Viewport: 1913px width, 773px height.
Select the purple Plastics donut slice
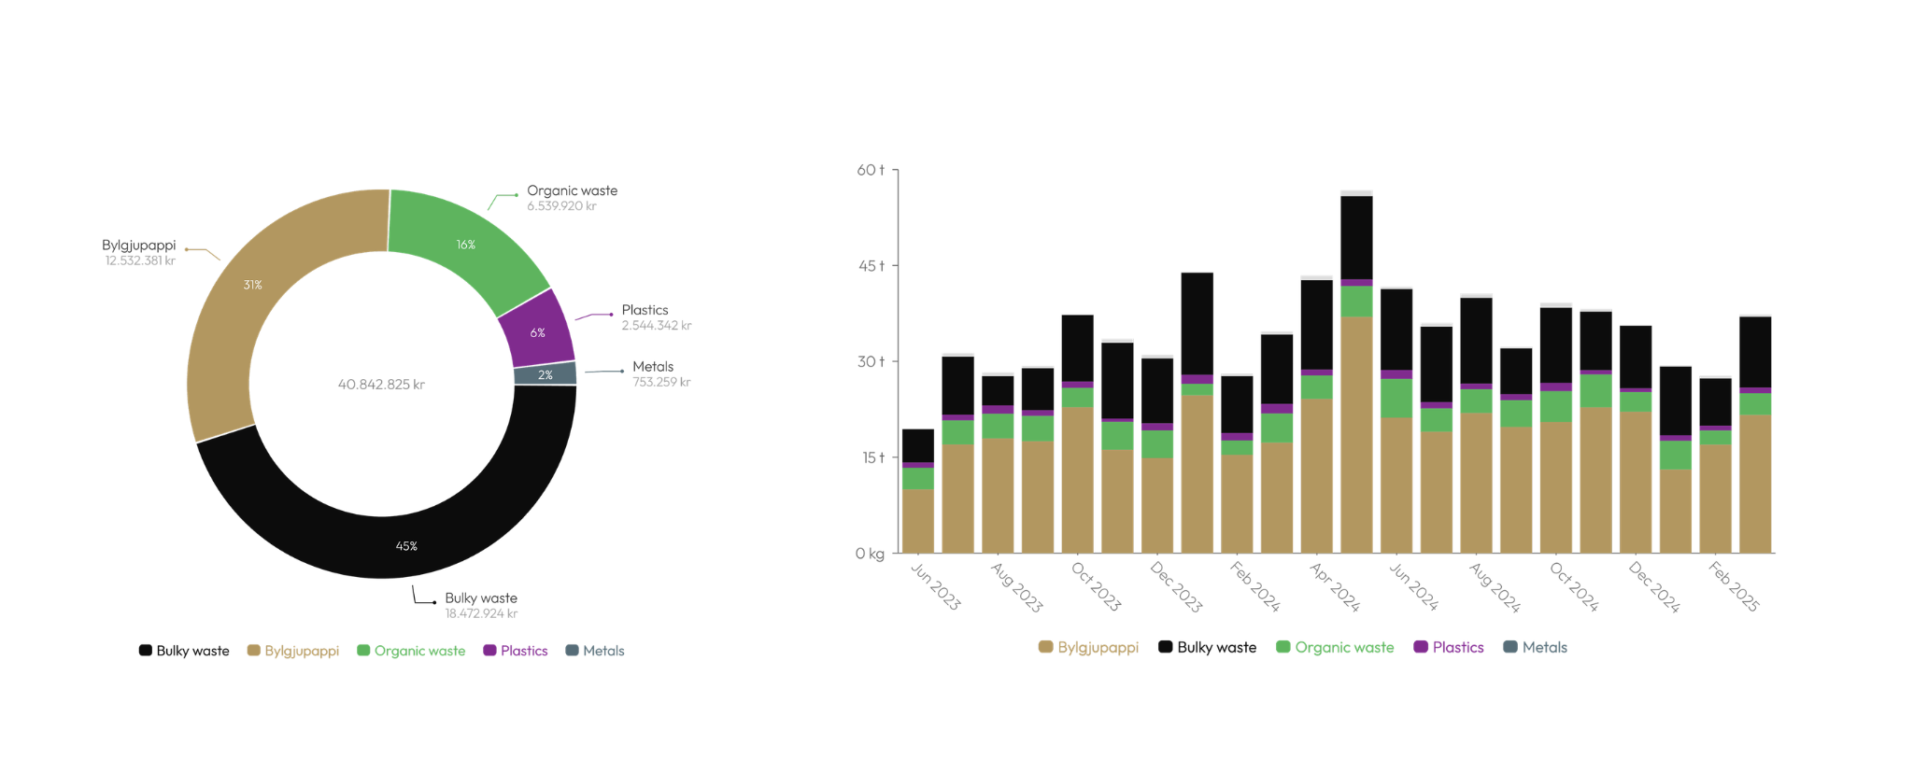click(x=537, y=331)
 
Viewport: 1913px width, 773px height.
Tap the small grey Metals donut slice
click(x=545, y=374)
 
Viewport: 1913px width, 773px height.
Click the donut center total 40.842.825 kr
click(x=381, y=385)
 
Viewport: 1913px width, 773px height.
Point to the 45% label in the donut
click(x=406, y=546)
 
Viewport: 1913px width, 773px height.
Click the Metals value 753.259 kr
click(x=661, y=382)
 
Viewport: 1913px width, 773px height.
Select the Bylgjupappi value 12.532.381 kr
click(x=140, y=261)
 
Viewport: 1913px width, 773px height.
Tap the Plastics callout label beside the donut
click(x=645, y=310)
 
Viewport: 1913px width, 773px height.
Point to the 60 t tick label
click(x=870, y=170)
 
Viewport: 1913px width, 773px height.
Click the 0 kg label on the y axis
click(x=870, y=554)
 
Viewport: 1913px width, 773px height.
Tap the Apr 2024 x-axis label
click(x=1335, y=587)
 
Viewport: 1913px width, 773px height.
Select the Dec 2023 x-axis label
click(x=1176, y=587)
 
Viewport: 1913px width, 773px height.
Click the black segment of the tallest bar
click(x=1356, y=237)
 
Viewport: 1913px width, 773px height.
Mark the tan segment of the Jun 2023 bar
click(x=918, y=521)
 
